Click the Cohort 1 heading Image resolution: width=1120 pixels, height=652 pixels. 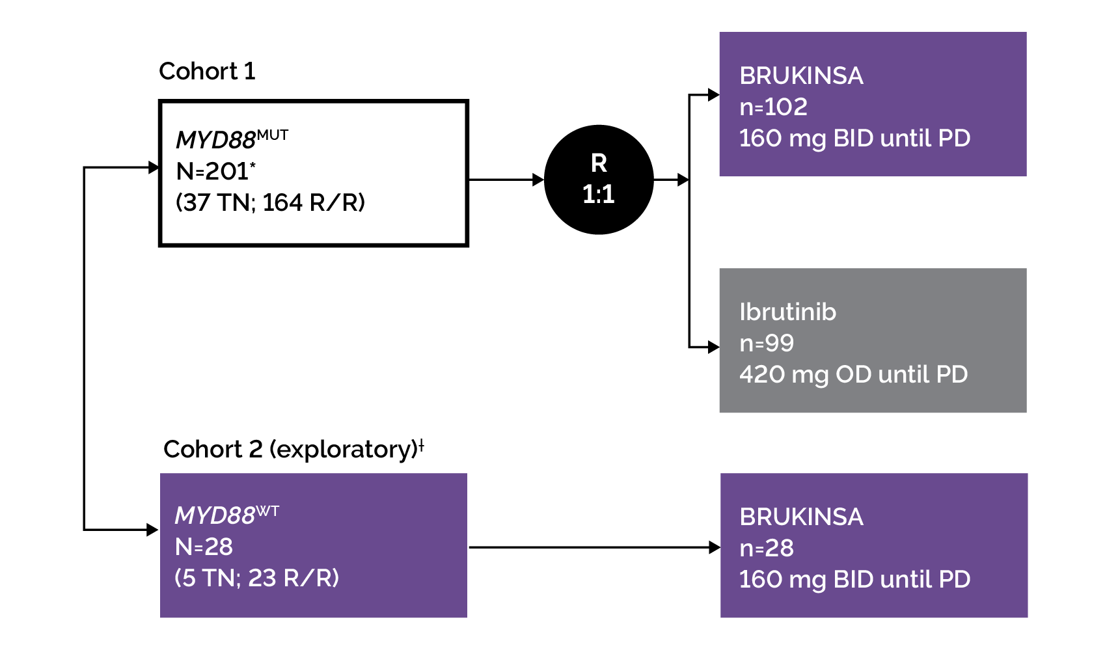(207, 71)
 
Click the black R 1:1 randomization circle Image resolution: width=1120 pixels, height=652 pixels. (598, 180)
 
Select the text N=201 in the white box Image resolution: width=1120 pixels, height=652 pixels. (213, 171)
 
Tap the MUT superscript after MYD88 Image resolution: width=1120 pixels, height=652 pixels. (272, 135)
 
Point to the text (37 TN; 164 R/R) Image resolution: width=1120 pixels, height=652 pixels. (270, 202)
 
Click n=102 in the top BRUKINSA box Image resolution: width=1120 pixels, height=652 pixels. (773, 107)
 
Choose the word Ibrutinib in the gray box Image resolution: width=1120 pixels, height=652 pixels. (787, 312)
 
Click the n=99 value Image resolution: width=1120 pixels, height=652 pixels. (767, 343)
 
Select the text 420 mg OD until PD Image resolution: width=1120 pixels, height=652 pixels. (853, 374)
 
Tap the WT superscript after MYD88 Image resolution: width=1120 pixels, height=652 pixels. (267, 511)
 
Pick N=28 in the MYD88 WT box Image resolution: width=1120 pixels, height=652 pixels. (204, 547)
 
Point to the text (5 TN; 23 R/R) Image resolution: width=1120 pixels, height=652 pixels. (256, 578)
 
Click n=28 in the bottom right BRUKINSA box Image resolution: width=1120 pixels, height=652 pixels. (767, 548)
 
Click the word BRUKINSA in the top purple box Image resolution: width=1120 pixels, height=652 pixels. (801, 75)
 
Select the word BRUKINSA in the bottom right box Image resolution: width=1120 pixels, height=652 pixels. (801, 517)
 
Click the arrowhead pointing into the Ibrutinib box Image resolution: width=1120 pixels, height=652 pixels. (713, 347)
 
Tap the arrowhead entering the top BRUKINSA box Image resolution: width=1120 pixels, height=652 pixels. (713, 95)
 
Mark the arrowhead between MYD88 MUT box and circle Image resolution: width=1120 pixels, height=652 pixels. (538, 180)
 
